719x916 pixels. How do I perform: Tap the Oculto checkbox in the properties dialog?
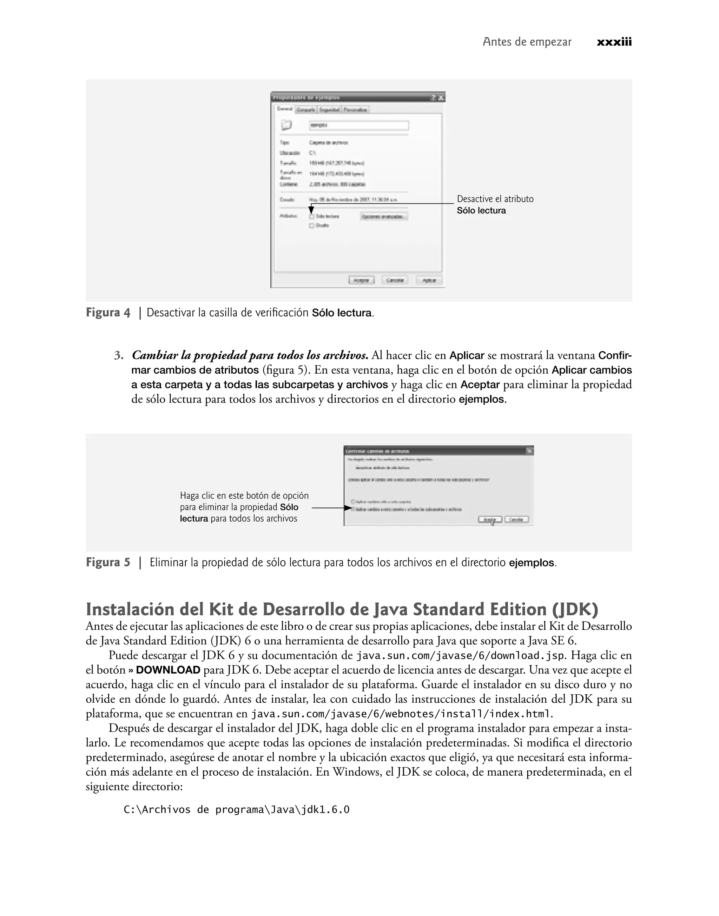pyautogui.click(x=312, y=226)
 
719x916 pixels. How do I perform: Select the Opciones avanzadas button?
pyautogui.click(x=384, y=216)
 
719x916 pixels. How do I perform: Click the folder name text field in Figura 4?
pyautogui.click(x=358, y=125)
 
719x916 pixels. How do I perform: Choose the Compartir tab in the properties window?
pyautogui.click(x=306, y=110)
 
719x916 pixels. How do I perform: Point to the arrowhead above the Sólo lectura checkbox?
pyautogui.click(x=311, y=209)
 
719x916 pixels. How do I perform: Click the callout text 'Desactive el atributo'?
pyautogui.click(x=495, y=199)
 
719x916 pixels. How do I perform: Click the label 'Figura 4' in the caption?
pyautogui.click(x=108, y=313)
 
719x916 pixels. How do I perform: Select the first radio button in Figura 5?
pyautogui.click(x=353, y=501)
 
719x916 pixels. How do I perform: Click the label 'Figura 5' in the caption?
pyautogui.click(x=108, y=562)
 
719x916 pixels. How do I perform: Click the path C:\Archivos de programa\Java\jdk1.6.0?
pyautogui.click(x=237, y=810)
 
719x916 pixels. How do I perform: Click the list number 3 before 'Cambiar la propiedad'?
pyautogui.click(x=119, y=356)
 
